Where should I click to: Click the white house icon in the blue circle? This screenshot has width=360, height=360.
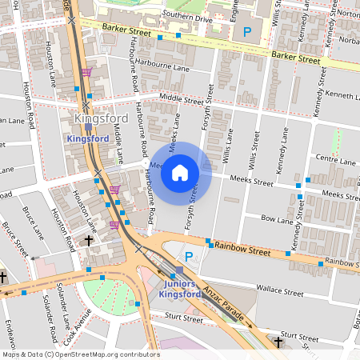coord(180,172)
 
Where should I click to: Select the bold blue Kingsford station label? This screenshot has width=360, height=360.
coord(88,139)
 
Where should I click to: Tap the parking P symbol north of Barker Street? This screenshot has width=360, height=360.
coord(247,31)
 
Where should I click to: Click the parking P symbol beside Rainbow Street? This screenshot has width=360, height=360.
coord(190,257)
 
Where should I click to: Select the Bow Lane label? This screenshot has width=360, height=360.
coord(278,218)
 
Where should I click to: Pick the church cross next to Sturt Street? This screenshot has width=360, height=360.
coord(278,342)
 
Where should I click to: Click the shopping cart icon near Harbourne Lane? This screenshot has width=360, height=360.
coord(86,71)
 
